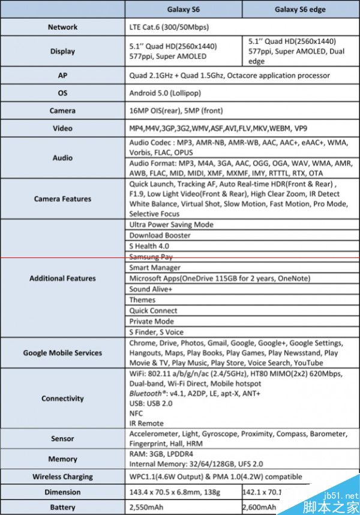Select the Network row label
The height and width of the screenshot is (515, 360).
(62, 27)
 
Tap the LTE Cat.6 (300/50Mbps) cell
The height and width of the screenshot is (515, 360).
(169, 27)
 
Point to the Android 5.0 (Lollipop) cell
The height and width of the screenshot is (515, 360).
(165, 93)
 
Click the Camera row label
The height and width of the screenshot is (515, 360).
(62, 110)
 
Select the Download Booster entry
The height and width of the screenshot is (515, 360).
(160, 235)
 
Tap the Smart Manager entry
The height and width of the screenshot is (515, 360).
(155, 268)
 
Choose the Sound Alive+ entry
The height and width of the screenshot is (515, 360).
(151, 289)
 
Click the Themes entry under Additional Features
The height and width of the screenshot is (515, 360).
(142, 300)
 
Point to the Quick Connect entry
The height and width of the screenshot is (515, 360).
(153, 311)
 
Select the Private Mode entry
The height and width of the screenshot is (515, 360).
(151, 321)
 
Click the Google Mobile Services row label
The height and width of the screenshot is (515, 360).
(62, 353)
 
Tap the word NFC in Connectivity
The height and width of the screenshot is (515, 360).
(136, 414)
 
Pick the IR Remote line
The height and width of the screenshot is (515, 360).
(146, 423)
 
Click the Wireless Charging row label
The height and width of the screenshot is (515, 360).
(62, 477)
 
